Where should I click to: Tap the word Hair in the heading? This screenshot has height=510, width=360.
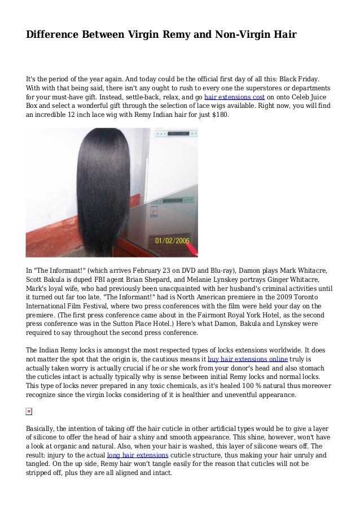(281, 36)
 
